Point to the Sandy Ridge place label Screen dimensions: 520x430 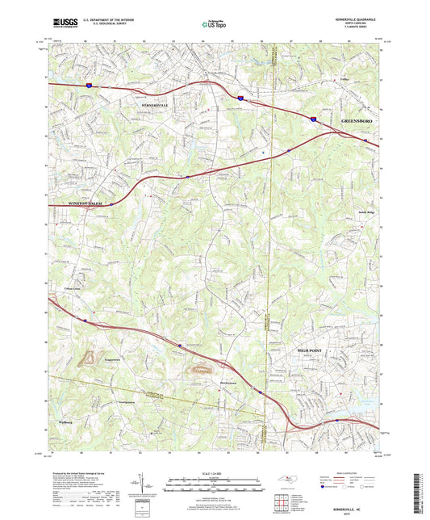pyautogui.click(x=357, y=213)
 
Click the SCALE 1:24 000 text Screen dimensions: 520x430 pyautogui.click(x=214, y=473)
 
